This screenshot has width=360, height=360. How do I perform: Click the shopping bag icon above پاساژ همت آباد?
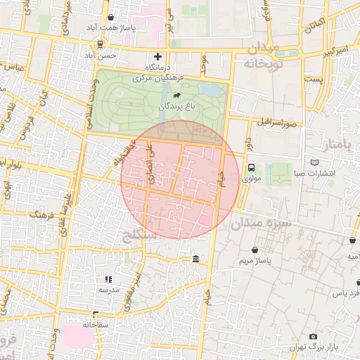coord(111,17)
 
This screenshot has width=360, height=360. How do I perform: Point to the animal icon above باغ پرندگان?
coord(174,95)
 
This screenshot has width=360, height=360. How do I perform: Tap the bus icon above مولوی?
coord(251,167)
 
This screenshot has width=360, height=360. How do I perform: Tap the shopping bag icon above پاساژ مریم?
coord(254,250)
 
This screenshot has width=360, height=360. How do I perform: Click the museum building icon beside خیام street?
coord(195,259)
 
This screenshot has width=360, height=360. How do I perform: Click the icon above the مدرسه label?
coord(108,279)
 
